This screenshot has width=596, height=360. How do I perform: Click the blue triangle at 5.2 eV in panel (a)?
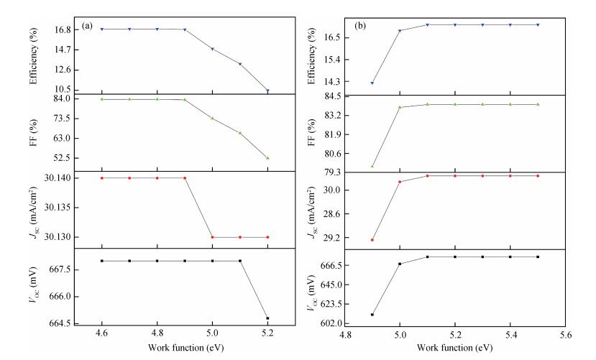[267, 91]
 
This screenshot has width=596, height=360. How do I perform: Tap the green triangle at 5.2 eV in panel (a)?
[267, 157]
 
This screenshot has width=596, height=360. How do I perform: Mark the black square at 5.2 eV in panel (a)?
[267, 318]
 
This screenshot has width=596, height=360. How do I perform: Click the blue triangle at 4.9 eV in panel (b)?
[372, 83]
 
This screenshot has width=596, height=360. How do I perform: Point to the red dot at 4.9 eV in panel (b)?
[372, 240]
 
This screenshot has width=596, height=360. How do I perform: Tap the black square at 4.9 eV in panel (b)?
[372, 314]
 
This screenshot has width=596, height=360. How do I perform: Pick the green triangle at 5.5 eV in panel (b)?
[537, 104]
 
